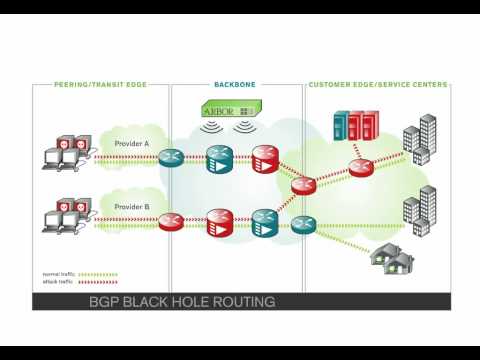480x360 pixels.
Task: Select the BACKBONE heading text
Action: (233, 85)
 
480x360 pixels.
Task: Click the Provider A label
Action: (131, 144)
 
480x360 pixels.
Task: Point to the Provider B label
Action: (131, 206)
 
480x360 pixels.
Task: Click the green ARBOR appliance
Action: (231, 108)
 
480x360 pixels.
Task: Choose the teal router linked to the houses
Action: (304, 224)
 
